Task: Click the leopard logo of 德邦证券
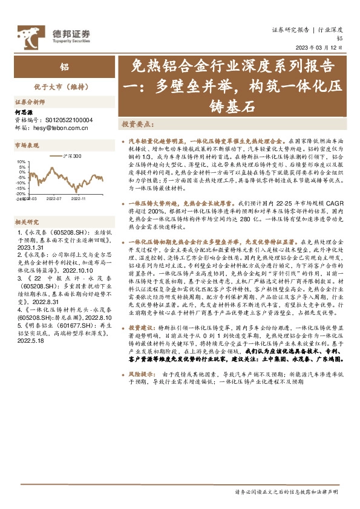coord(28,36)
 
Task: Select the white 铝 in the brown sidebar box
coord(63,67)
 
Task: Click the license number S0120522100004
coord(62,120)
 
